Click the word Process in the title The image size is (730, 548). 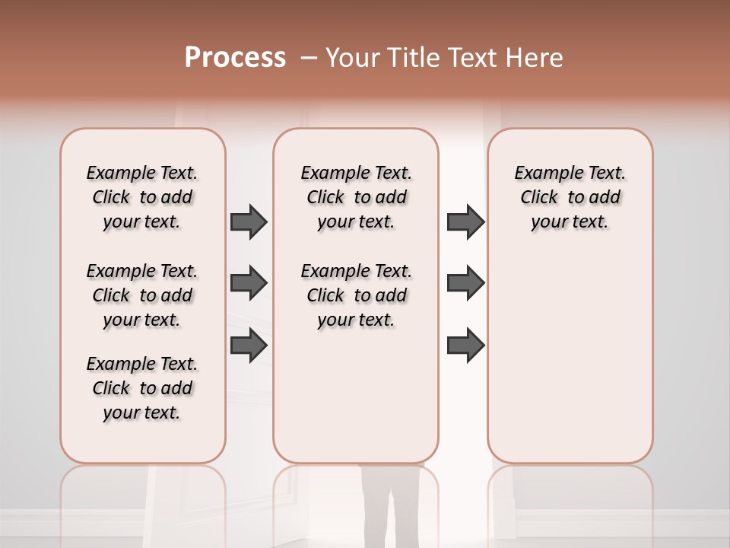(235, 58)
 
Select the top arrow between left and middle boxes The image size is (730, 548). (249, 221)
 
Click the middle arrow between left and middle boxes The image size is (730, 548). (249, 283)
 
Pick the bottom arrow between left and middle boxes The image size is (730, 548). (249, 346)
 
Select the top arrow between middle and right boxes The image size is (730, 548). (465, 221)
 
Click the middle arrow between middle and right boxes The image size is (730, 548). (465, 283)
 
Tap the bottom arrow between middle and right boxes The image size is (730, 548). (465, 346)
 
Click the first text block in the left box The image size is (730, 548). (142, 197)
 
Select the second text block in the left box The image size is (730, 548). (142, 295)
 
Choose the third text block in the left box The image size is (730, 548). (142, 388)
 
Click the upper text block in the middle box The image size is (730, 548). (356, 197)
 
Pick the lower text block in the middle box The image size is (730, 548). (356, 295)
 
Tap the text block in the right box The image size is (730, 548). (570, 197)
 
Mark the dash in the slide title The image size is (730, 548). (308, 59)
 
